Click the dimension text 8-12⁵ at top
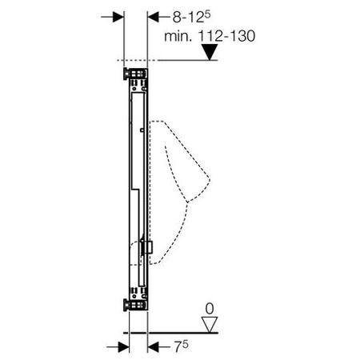tap(191, 17)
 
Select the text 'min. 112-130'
tap(210, 36)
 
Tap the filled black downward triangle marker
tap(210, 52)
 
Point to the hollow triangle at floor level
tap(210, 325)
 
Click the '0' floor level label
tap(210, 309)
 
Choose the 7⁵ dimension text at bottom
tap(182, 346)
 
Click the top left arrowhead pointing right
tap(118, 17)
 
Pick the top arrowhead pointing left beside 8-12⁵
tap(154, 17)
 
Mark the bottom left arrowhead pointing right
tap(123, 347)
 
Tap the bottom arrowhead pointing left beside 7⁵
tap(154, 347)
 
